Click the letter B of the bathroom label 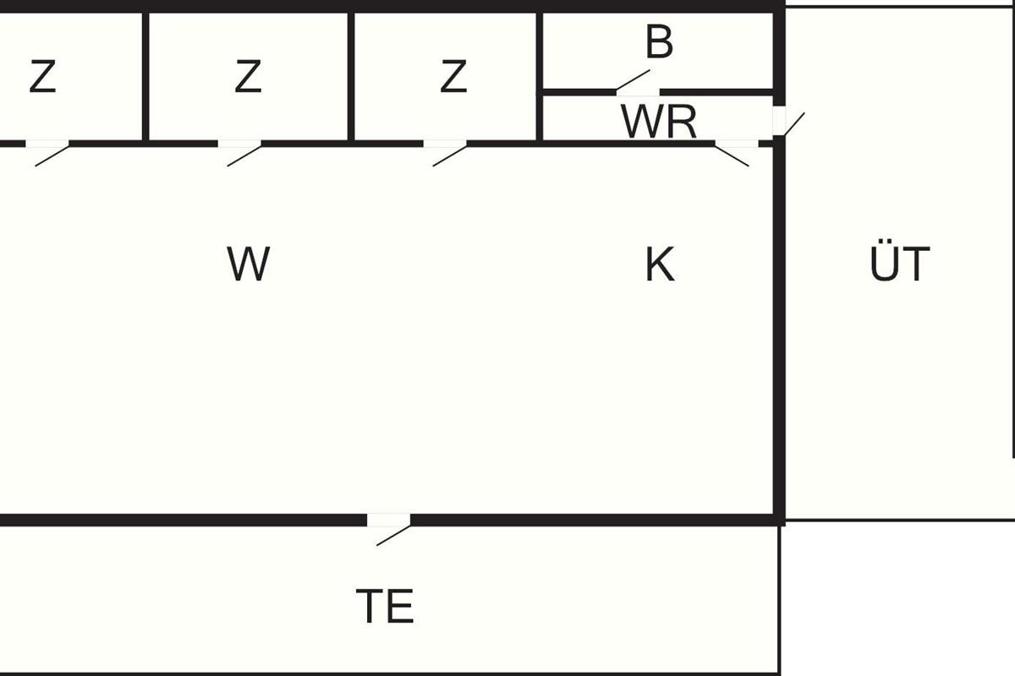click(x=659, y=42)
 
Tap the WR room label click(x=658, y=122)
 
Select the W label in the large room click(x=249, y=264)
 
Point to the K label click(x=660, y=264)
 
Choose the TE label click(x=385, y=606)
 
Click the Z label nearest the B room click(x=453, y=76)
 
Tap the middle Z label click(x=248, y=76)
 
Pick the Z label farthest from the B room click(x=42, y=76)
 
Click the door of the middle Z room click(x=239, y=153)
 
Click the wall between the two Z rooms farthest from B click(x=145, y=76)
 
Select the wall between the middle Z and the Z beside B click(x=351, y=76)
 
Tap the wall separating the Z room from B click(x=540, y=76)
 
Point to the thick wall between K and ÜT click(x=779, y=330)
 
